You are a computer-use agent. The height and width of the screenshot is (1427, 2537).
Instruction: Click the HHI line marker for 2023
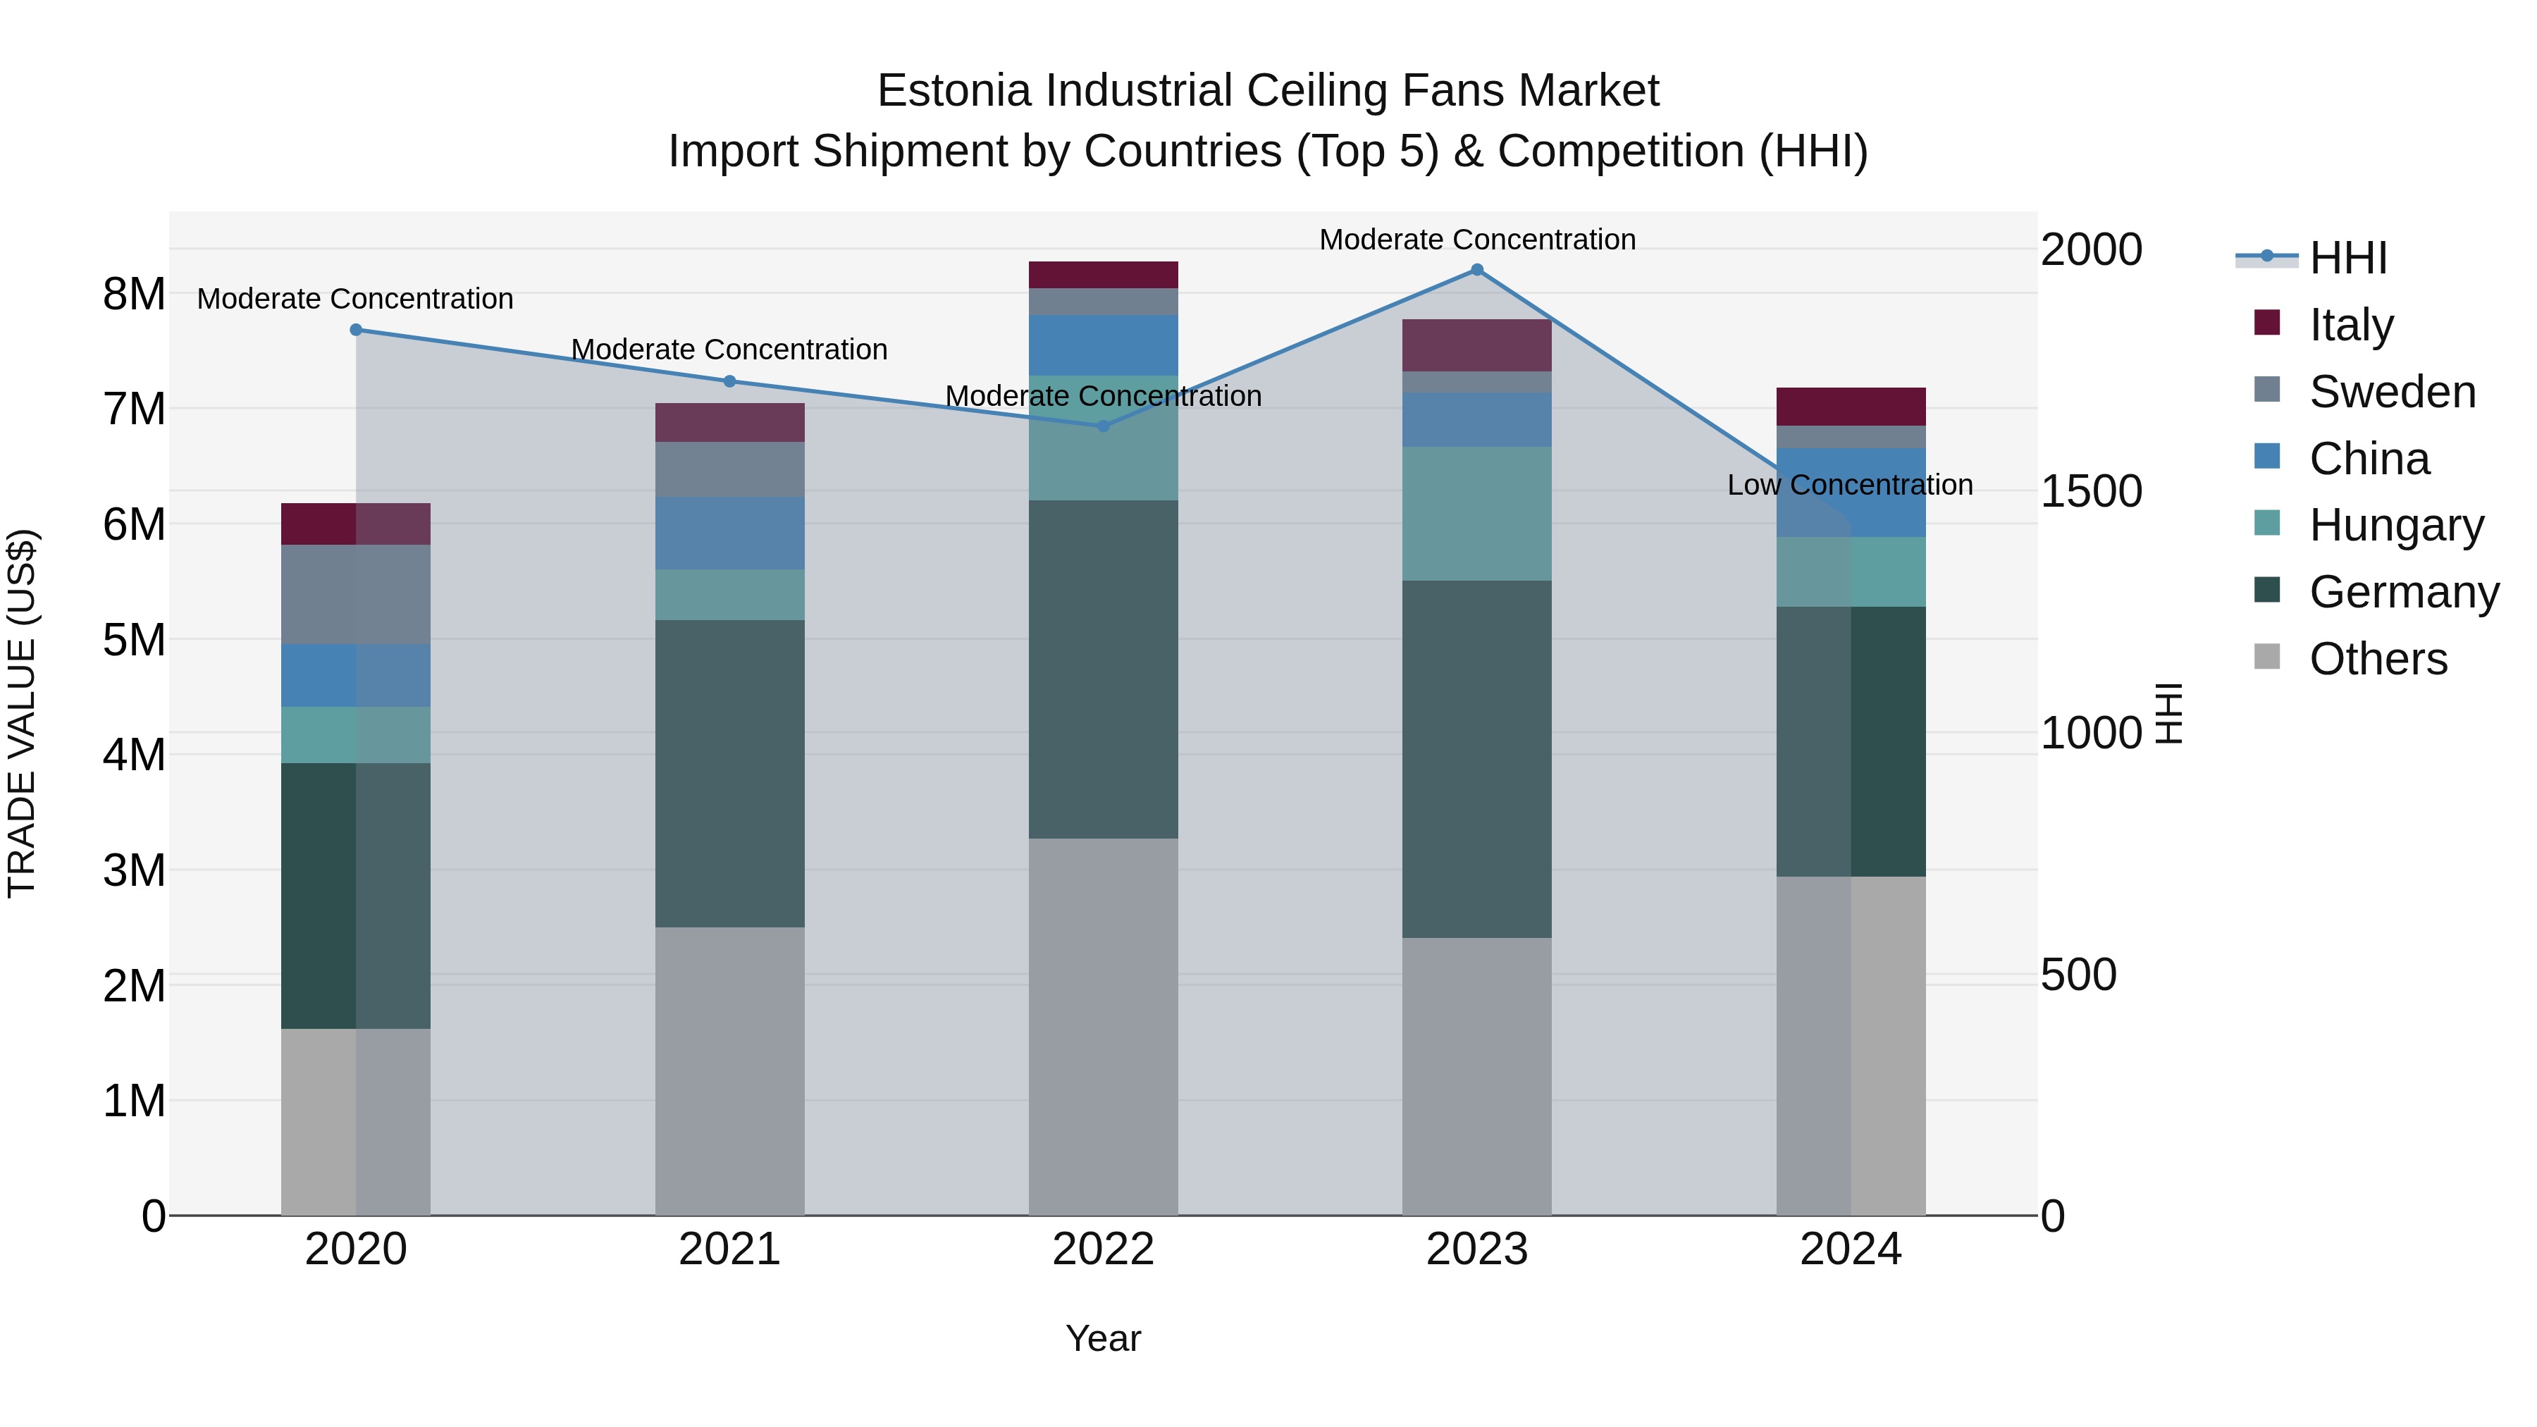pos(1476,270)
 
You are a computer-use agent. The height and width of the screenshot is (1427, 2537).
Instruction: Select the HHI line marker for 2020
pos(357,330)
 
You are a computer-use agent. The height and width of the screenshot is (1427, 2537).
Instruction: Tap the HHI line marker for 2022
pos(1103,426)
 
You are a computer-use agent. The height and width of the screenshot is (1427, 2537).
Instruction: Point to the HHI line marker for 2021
pos(730,381)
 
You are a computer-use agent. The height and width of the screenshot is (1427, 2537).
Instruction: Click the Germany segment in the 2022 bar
pos(1103,669)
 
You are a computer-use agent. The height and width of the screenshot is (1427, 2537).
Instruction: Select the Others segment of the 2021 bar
pos(730,1070)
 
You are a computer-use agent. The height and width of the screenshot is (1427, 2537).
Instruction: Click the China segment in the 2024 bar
pos(1851,493)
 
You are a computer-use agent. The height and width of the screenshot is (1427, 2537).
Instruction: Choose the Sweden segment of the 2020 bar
pos(357,594)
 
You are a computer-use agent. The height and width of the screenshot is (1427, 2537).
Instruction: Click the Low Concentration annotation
pos(1850,485)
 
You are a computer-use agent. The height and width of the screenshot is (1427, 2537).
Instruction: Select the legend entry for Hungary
pos(2395,525)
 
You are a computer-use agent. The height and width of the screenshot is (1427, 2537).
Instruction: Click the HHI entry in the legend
pos(2348,258)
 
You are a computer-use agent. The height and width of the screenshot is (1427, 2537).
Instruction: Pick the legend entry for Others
pos(2378,659)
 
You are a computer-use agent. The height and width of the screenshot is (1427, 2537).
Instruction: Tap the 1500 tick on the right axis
pos(2090,490)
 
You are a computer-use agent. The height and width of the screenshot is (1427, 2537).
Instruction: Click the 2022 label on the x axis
pos(1103,1249)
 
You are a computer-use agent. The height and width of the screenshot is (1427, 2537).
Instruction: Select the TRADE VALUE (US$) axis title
pos(22,713)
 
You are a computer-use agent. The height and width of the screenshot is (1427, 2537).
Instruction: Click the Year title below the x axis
pos(1103,1338)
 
